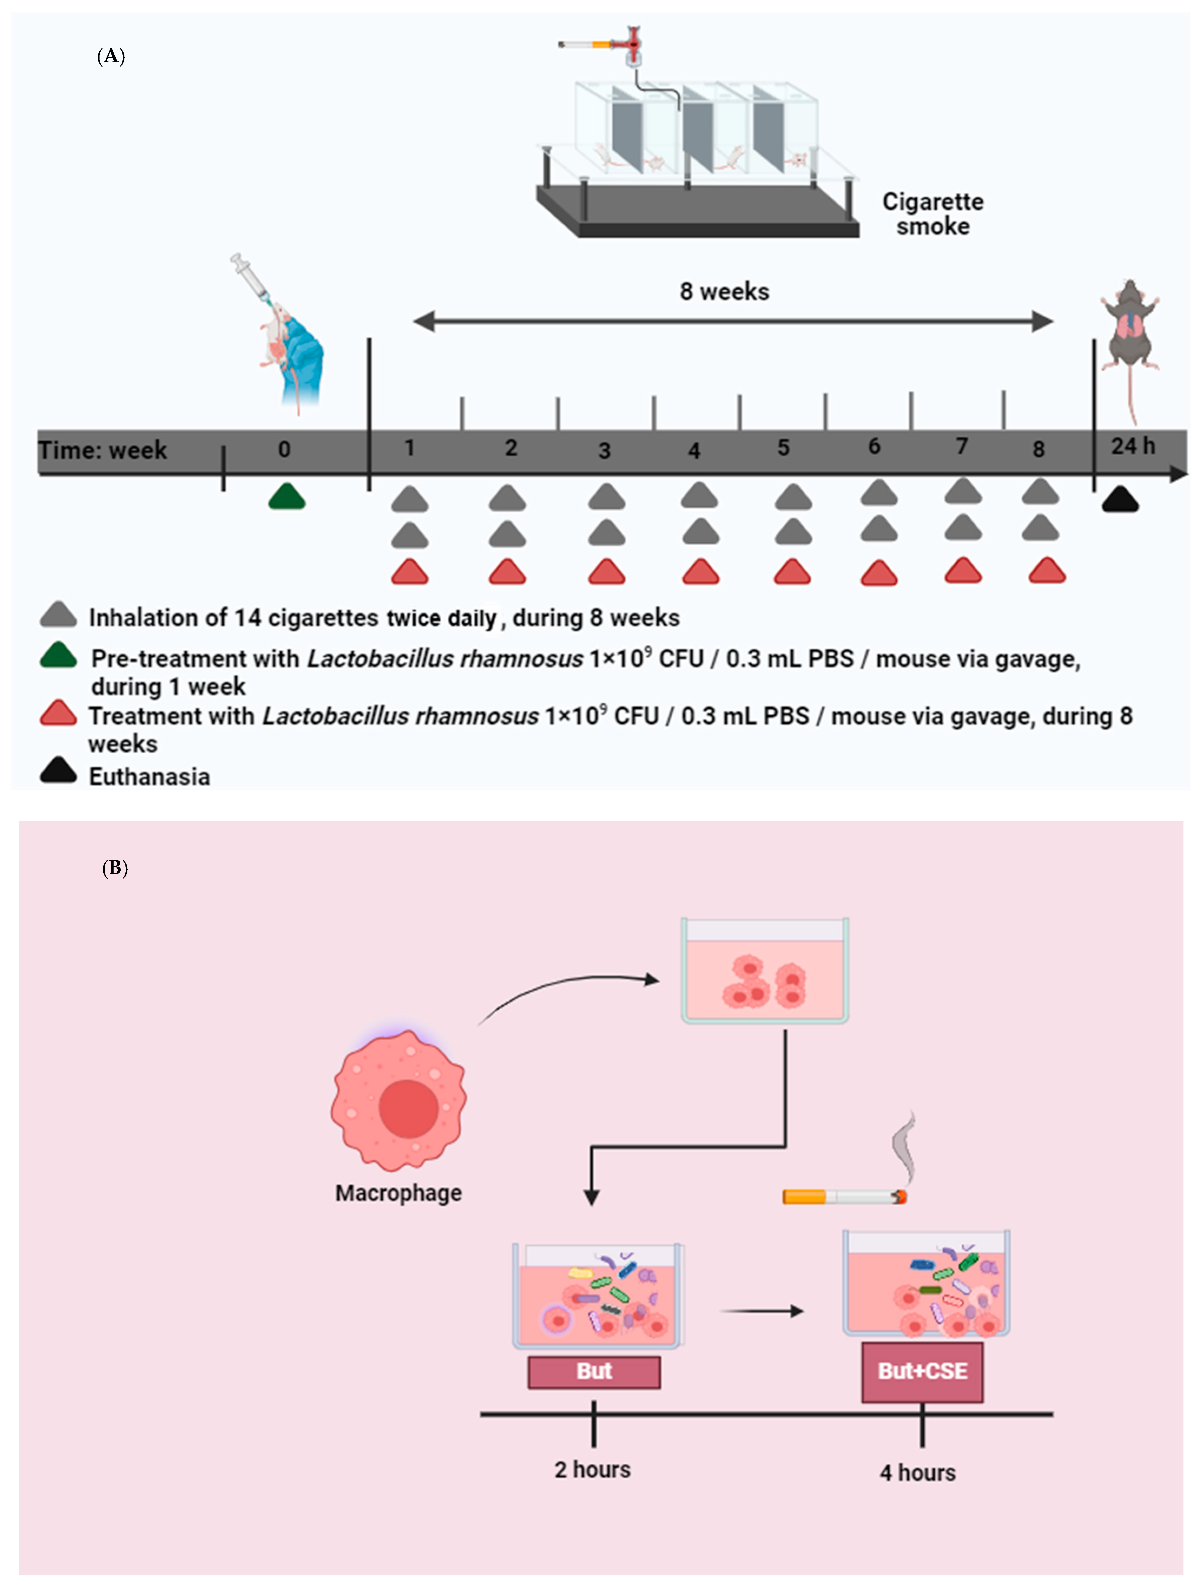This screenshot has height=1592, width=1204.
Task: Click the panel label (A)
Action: tap(111, 57)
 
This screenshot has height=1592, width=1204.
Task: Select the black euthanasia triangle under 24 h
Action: tap(1120, 499)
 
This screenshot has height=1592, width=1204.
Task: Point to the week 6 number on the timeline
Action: tap(874, 446)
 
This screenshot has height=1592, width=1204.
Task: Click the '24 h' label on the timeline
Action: tap(1133, 446)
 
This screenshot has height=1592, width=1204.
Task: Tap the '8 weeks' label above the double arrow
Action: tap(724, 292)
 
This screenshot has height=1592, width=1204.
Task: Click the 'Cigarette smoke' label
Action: tap(933, 214)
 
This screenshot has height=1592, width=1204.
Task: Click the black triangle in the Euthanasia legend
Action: tap(58, 770)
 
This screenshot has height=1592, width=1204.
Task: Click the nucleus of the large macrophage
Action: tap(408, 1108)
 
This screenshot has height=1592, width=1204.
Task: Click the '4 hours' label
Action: tap(918, 1472)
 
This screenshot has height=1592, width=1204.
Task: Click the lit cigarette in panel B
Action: tap(844, 1197)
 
